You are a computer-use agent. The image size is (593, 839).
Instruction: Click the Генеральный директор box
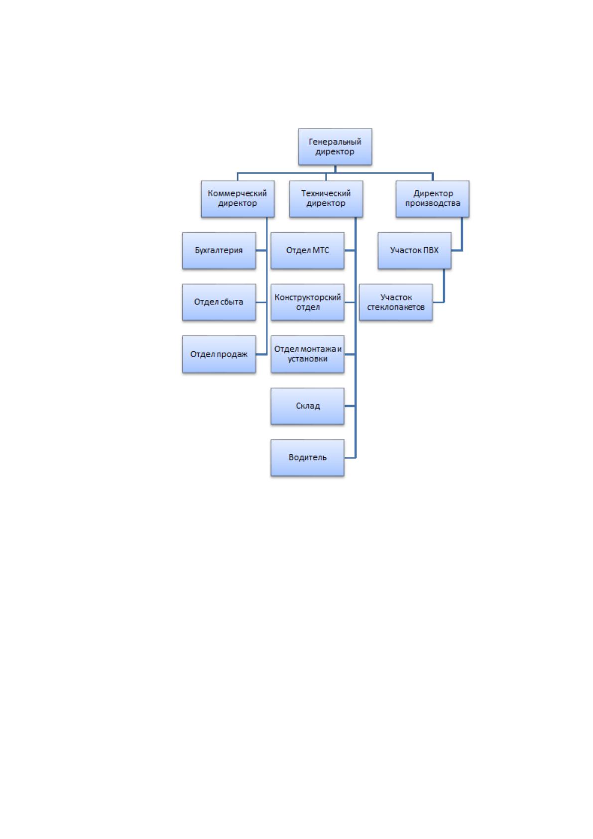(x=335, y=147)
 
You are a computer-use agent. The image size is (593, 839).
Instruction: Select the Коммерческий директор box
(x=237, y=199)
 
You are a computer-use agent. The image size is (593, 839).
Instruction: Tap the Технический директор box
(x=326, y=199)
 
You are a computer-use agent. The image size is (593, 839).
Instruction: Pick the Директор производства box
(x=432, y=199)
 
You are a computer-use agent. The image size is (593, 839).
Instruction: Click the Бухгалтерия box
(x=219, y=251)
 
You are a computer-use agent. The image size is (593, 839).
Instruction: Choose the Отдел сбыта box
(x=219, y=302)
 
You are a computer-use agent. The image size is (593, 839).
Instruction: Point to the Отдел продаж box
(x=219, y=354)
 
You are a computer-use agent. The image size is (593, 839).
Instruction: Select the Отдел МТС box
(x=307, y=251)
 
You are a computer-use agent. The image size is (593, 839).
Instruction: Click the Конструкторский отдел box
(x=307, y=302)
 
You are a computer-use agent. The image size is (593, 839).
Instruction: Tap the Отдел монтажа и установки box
(x=307, y=354)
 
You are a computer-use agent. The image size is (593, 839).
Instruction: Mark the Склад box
(x=307, y=406)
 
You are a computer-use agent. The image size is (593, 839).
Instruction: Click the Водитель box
(x=307, y=458)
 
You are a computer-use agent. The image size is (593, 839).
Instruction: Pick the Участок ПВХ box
(x=414, y=251)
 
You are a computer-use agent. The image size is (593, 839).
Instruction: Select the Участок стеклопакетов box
(x=396, y=302)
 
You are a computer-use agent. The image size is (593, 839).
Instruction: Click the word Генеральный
(x=335, y=142)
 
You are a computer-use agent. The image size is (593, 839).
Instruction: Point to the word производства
(x=432, y=204)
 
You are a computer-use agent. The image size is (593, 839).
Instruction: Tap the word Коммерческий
(x=237, y=194)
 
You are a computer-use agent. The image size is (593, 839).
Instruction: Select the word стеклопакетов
(x=396, y=307)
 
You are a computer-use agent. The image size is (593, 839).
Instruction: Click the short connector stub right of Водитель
(x=350, y=458)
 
